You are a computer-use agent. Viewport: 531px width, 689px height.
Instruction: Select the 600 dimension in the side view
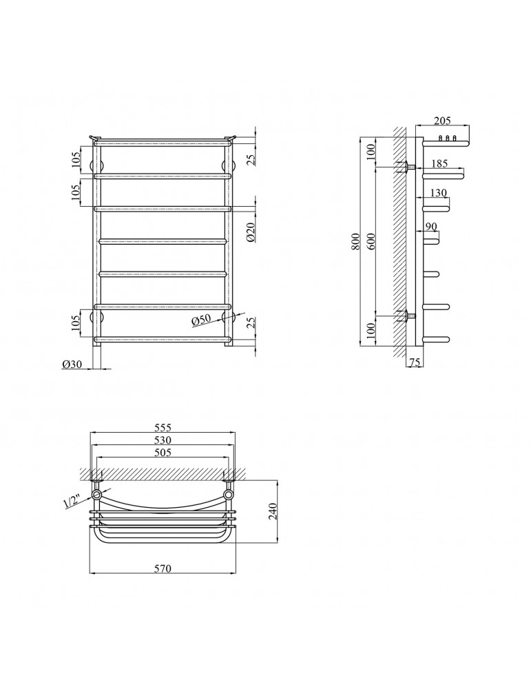pos(372,241)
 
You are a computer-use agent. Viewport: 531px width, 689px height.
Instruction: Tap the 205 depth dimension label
pos(442,121)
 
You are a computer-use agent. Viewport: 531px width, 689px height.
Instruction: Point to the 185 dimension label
pos(439,163)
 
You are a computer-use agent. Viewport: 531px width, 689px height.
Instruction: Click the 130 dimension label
pos(438,192)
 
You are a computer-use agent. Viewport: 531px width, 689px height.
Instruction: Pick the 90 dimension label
pos(431,227)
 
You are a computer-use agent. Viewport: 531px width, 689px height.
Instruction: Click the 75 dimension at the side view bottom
pos(415,362)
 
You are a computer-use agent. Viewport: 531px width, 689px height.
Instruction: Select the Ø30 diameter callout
pos(72,364)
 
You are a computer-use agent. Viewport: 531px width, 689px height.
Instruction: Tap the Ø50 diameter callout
pos(201,320)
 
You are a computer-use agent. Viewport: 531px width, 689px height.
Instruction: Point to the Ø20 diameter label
pos(251,232)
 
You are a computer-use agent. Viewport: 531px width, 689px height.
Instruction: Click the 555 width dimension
pos(162,427)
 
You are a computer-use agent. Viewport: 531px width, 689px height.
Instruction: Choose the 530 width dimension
pos(162,440)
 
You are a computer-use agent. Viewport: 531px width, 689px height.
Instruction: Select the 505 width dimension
pos(162,452)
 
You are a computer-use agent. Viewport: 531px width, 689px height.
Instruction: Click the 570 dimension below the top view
pos(162,568)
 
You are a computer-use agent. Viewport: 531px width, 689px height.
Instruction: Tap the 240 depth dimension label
pos(273,511)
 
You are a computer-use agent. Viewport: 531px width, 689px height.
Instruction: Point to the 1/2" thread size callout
pos(71,501)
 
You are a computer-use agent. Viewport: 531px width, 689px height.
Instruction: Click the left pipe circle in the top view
pos(96,495)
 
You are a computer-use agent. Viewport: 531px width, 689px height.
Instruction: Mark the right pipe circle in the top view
pos(228,495)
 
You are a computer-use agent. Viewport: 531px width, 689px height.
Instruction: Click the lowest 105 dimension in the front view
pos(76,323)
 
